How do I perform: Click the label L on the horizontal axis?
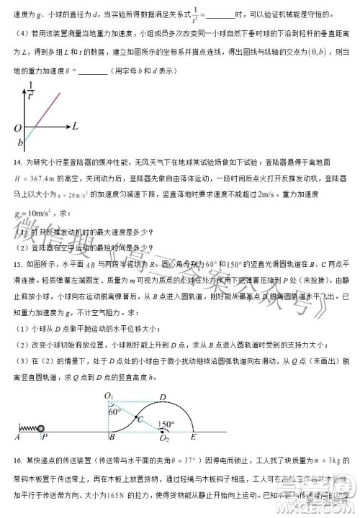click(74, 126)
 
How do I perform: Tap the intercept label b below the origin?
click(19, 142)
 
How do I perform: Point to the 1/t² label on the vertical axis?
click(30, 89)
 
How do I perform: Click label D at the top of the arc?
click(162, 396)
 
